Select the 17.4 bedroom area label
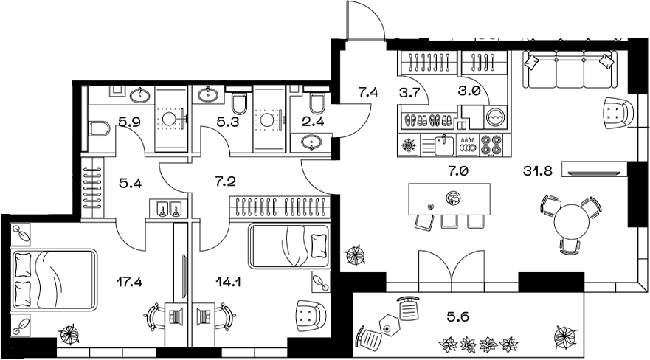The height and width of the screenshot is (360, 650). pos(130,280)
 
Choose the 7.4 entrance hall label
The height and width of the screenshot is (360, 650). pos(368,93)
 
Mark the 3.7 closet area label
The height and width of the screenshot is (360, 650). pos(409,93)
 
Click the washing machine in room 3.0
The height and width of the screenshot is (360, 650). pos(496,117)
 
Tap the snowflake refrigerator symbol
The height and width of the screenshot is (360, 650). pos(408,145)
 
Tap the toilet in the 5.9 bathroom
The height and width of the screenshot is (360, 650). pos(98,129)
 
